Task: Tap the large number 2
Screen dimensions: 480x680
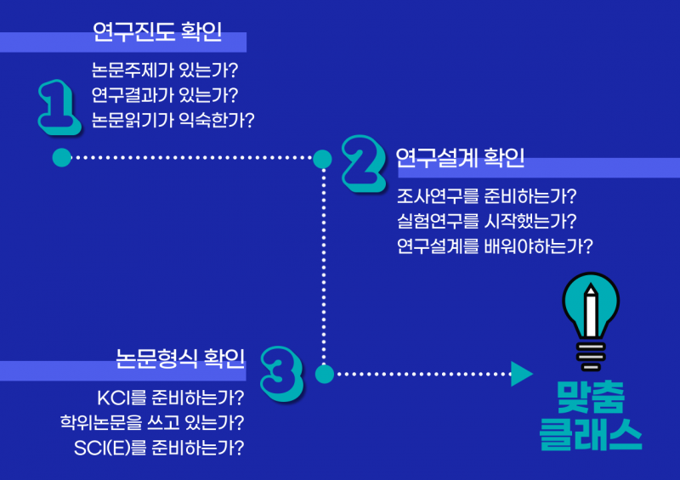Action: click(x=366, y=161)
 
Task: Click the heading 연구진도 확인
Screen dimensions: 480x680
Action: click(x=157, y=33)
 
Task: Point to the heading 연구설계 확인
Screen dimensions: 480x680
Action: click(x=460, y=158)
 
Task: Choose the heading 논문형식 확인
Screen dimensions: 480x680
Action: click(x=180, y=359)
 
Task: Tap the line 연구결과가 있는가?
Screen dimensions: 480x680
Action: click(x=164, y=94)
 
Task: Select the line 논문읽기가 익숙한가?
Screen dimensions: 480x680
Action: click(x=173, y=119)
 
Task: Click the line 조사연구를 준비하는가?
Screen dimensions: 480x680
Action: click(x=487, y=197)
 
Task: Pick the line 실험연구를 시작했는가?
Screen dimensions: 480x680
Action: click(x=487, y=222)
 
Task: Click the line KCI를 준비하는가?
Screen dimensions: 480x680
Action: click(x=171, y=398)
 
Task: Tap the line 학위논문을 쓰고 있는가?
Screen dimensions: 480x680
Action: click(x=152, y=421)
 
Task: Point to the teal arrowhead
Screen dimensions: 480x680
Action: click(x=520, y=373)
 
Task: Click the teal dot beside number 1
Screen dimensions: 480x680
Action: click(x=61, y=157)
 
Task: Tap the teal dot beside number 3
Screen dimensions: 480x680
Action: click(x=323, y=373)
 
